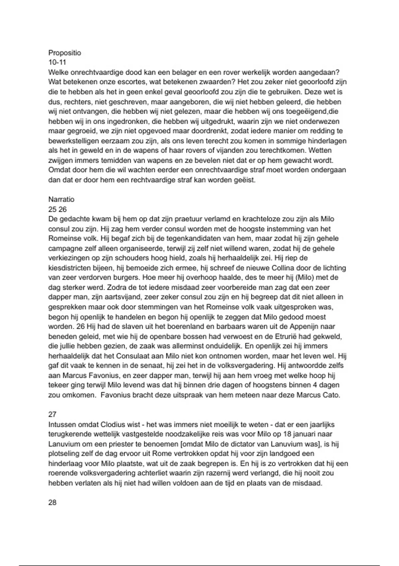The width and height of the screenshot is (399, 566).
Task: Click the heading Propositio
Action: point(65,53)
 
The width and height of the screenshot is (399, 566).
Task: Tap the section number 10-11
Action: point(57,62)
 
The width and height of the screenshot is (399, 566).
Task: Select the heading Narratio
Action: point(61,199)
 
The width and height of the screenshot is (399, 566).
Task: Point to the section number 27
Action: point(52,415)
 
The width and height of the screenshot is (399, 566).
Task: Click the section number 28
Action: point(52,502)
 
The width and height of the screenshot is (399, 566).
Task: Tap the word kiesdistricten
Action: point(71,268)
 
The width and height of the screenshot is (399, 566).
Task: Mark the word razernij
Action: point(218,473)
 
